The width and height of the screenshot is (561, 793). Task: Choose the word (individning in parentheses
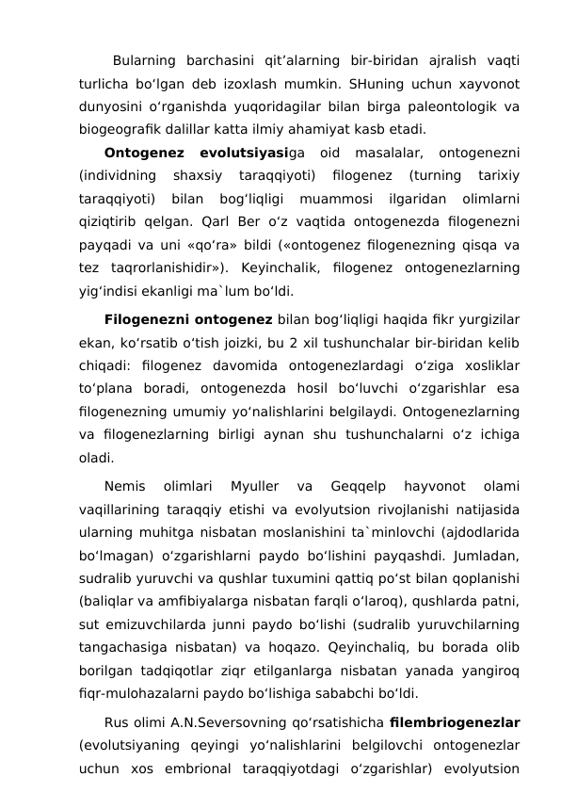pyautogui.click(x=115, y=175)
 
